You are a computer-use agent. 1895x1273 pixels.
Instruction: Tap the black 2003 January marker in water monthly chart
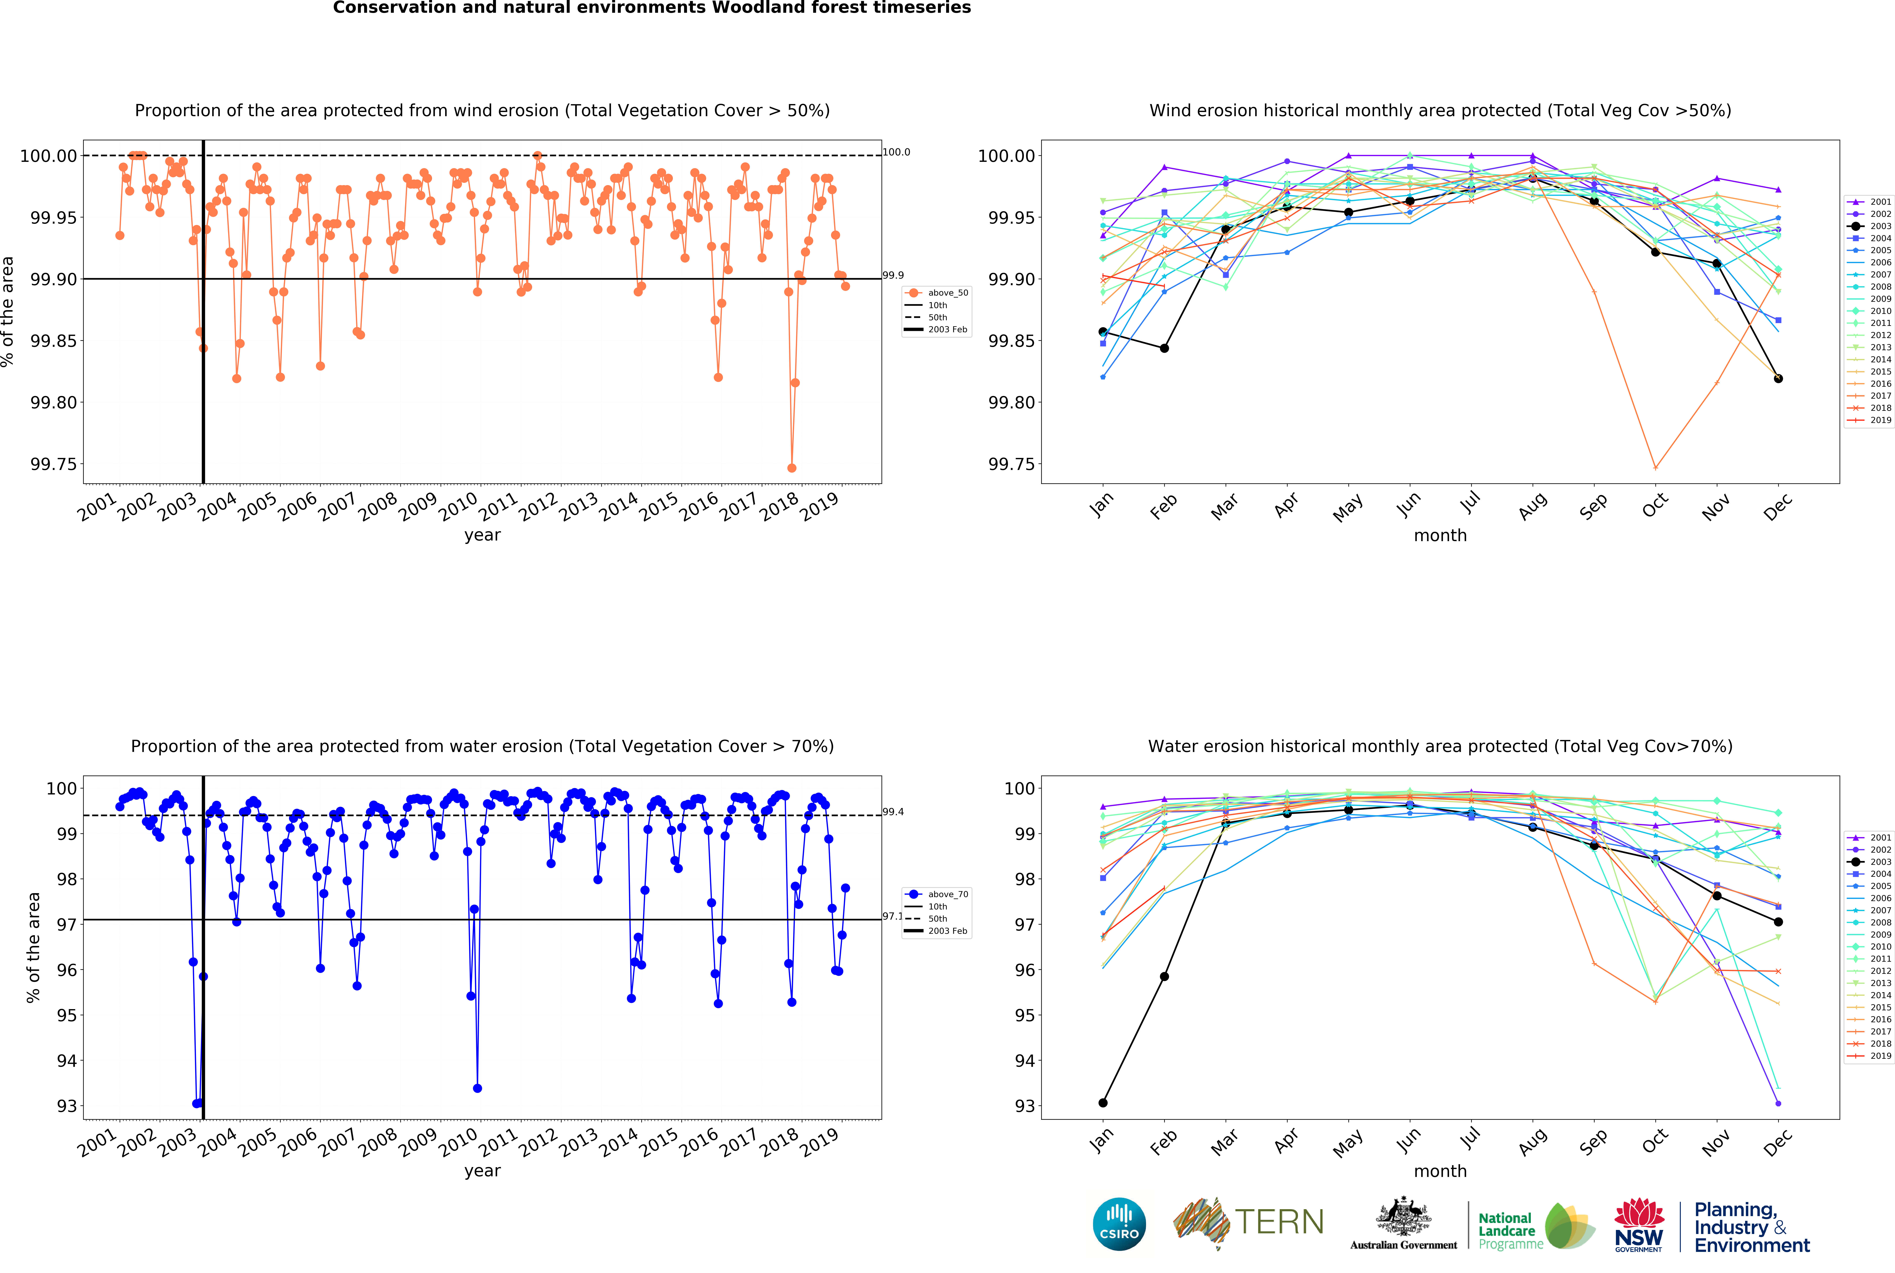(1103, 1103)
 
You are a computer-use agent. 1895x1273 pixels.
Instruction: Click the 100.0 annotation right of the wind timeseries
(896, 152)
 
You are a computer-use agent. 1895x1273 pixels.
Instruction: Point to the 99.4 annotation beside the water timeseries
(893, 812)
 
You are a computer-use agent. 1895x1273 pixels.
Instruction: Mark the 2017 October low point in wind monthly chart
(1656, 468)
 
